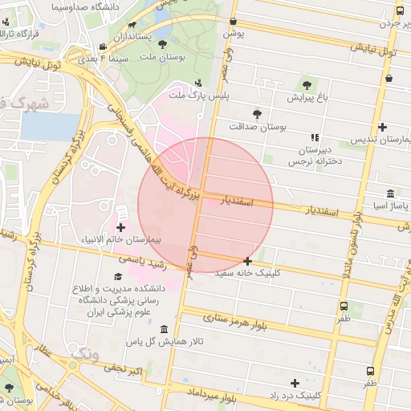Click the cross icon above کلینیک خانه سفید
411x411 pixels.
click(247, 261)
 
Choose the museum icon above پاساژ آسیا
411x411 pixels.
click(389, 194)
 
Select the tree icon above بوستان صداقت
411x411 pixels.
click(257, 114)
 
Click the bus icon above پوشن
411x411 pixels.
click(233, 22)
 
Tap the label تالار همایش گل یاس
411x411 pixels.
click(164, 343)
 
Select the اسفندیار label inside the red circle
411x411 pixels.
click(237, 201)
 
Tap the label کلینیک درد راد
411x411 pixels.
click(295, 397)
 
